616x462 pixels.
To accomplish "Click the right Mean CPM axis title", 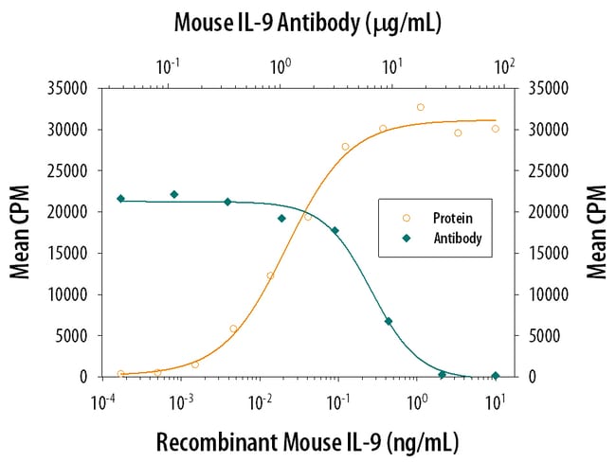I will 597,233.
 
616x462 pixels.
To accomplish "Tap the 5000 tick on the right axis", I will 534,335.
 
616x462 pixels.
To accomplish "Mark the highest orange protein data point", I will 421,107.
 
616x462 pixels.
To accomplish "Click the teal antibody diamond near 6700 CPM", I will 389,321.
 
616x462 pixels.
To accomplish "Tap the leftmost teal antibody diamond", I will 120,199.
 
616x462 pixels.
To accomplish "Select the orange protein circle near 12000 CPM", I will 270,275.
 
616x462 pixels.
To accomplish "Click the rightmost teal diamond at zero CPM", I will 495,376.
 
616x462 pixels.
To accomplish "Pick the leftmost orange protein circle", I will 120,374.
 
